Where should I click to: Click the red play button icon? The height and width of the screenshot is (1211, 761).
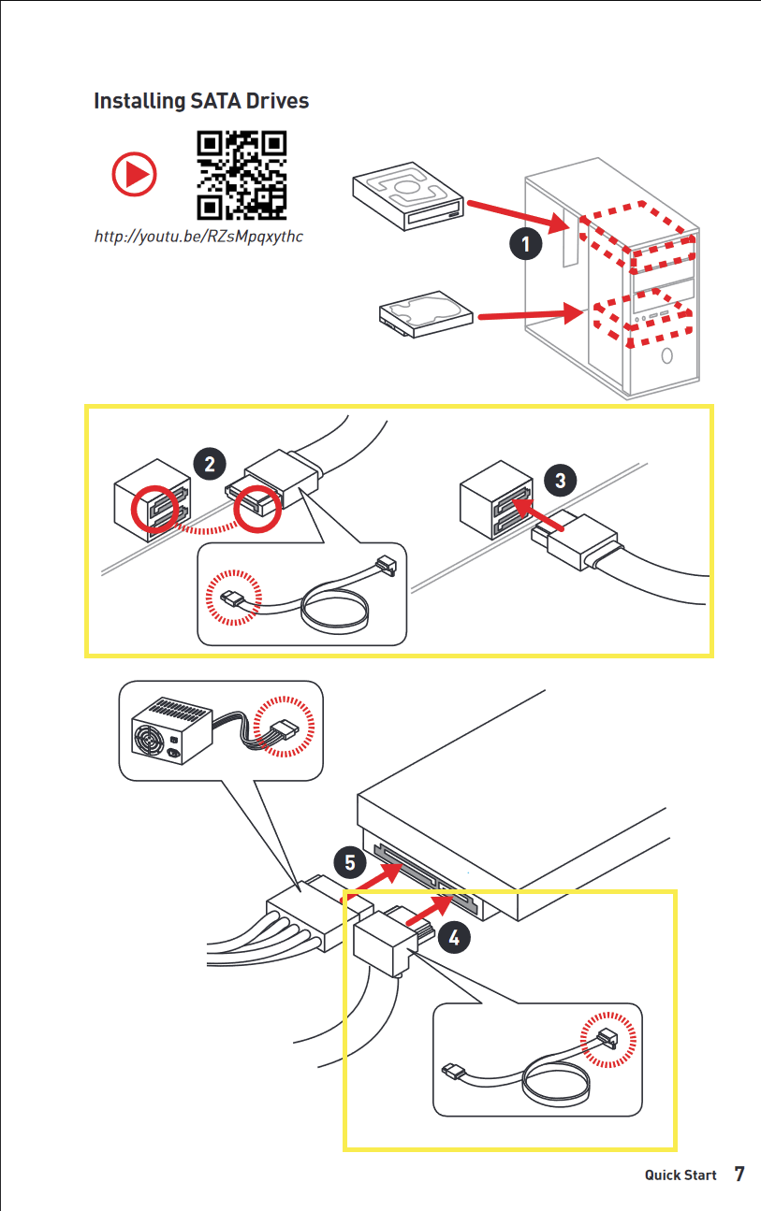click(134, 174)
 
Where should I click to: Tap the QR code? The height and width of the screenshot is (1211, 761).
click(241, 175)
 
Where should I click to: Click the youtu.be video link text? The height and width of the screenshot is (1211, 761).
click(198, 237)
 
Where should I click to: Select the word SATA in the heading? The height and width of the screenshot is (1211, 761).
click(215, 101)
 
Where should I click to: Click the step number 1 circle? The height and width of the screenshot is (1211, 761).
click(525, 244)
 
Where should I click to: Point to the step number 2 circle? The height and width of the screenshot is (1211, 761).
click(210, 464)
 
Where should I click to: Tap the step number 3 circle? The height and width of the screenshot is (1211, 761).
click(560, 480)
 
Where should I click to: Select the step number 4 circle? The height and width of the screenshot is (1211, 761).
click(454, 937)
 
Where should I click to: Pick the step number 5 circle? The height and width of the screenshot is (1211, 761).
click(350, 862)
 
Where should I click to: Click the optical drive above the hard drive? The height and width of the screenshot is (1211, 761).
click(408, 195)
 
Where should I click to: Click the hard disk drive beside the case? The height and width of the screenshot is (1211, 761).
click(426, 314)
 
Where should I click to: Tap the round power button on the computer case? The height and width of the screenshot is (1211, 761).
click(666, 355)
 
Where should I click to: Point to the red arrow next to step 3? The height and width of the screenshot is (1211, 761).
click(537, 514)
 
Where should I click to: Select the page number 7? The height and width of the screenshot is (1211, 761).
click(739, 1174)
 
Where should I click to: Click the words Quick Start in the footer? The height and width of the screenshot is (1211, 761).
click(681, 1175)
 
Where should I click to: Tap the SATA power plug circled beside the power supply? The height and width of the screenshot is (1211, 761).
click(283, 732)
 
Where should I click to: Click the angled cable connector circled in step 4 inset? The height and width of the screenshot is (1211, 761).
click(608, 1038)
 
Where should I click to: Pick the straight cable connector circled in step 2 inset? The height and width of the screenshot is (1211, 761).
click(233, 598)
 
